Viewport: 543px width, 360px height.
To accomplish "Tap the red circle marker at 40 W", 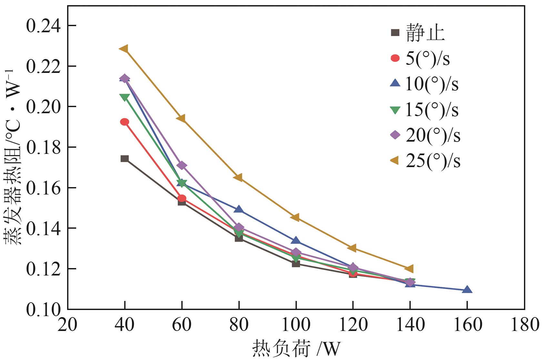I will (x=125, y=122).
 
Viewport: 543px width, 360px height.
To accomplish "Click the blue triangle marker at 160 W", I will (x=467, y=290).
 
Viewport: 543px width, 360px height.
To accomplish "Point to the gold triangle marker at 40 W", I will (x=124, y=49).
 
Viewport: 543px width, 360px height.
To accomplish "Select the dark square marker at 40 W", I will (x=125, y=158).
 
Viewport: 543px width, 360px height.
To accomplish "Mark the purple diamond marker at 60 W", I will (x=182, y=165).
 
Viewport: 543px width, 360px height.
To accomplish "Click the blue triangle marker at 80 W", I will (x=239, y=209).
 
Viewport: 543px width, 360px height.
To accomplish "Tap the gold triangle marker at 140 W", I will (x=409, y=268).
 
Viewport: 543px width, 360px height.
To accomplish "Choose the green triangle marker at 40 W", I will (x=125, y=97).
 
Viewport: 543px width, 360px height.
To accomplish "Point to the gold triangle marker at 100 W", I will (x=295, y=217).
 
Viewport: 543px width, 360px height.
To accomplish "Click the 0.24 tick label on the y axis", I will (x=43, y=26).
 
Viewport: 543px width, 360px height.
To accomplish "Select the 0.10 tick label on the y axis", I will (x=43, y=309).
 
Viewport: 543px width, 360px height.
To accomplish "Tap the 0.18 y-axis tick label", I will (x=43, y=147).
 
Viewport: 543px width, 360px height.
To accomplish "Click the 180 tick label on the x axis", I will (x=524, y=325).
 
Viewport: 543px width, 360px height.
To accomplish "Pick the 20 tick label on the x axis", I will (x=67, y=325).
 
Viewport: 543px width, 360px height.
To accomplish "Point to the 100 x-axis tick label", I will (x=296, y=325).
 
